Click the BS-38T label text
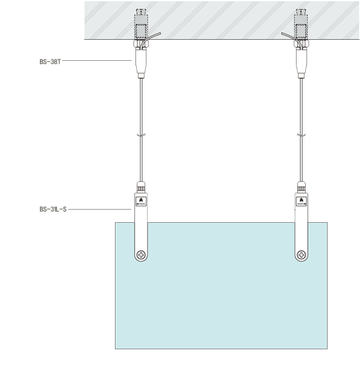[50, 62]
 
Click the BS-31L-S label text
[53, 209]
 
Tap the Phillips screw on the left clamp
[141, 255]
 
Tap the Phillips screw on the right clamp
[301, 255]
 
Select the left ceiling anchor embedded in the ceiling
[141, 24]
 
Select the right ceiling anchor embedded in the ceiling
[301, 24]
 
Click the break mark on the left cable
[141, 136]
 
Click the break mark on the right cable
[301, 136]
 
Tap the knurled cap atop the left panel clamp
[141, 187]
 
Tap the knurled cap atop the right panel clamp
[301, 187]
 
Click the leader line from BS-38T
[97, 60]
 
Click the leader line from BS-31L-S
[100, 209]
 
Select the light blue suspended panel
[221, 286]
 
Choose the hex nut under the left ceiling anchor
[141, 44]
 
